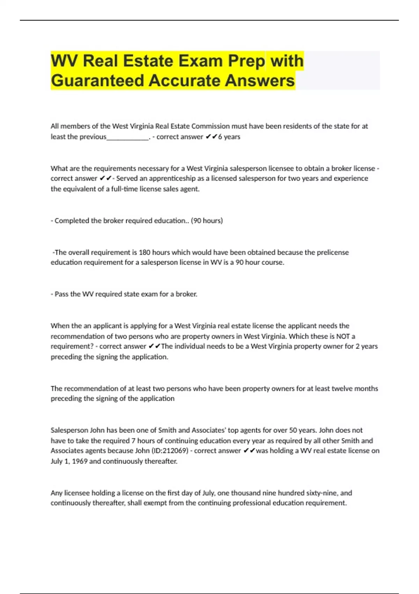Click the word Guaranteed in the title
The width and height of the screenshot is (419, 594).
click(97, 80)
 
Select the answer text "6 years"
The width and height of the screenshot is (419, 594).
click(229, 137)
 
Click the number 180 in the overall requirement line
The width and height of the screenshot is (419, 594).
click(145, 252)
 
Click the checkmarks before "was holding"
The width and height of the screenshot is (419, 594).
click(249, 451)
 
